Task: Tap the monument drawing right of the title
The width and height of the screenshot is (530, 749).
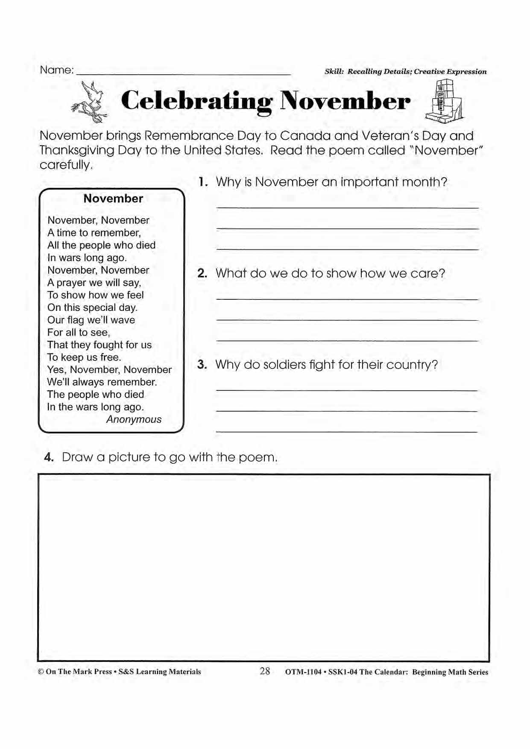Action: coord(444,100)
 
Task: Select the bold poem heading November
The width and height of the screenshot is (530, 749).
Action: coord(113,199)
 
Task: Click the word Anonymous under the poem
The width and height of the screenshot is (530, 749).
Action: coord(134,419)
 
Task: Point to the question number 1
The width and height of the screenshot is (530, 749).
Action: coord(203,182)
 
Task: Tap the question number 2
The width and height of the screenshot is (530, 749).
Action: coord(202,273)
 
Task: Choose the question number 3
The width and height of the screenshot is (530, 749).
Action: coord(202,365)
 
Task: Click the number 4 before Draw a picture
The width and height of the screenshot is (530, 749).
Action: coord(49,457)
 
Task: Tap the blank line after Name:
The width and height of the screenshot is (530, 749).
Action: coord(184,74)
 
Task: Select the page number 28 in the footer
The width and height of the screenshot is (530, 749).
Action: coord(265,671)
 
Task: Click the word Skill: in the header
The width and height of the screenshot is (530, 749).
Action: coord(334,72)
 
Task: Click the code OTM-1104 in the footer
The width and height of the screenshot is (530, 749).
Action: coord(303,672)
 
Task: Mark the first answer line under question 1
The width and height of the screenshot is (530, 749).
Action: coord(348,208)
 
